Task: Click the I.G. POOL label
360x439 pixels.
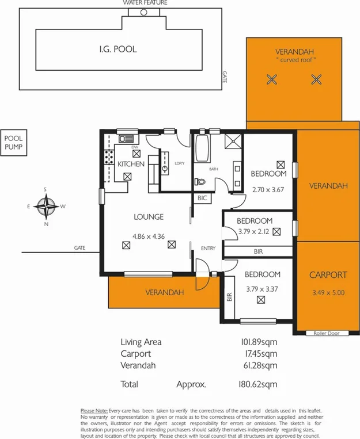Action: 118,49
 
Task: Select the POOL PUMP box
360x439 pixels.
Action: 13,142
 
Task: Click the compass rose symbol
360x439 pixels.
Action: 46,205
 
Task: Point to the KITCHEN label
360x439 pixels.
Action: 131,164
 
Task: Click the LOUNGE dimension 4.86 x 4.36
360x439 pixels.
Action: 149,236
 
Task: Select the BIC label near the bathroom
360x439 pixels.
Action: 202,198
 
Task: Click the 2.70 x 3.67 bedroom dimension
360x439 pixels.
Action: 268,188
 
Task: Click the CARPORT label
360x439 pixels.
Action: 327,274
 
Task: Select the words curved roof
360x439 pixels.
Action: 297,60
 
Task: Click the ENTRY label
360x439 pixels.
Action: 208,248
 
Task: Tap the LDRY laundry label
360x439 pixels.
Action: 179,163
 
